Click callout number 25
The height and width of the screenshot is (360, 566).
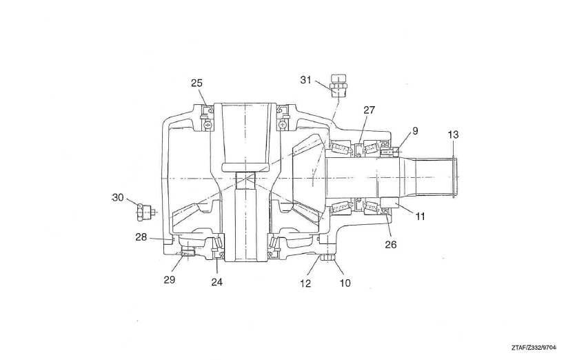(x=196, y=83)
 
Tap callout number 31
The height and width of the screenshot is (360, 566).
(x=305, y=80)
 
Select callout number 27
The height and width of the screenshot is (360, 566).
(x=370, y=110)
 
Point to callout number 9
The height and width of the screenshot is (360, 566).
(x=415, y=131)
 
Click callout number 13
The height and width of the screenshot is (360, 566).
(x=453, y=134)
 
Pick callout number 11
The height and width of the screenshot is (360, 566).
(x=420, y=217)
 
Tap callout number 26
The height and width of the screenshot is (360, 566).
(x=391, y=244)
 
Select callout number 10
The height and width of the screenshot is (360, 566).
(x=345, y=283)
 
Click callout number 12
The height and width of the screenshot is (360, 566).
(x=305, y=283)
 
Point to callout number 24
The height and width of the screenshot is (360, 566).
(x=217, y=282)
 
